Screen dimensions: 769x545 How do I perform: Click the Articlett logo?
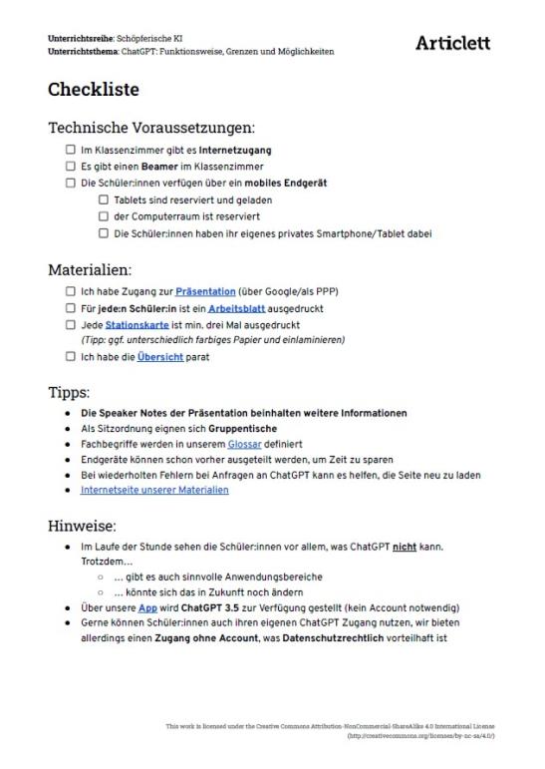(452, 43)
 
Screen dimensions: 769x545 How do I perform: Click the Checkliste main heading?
(94, 90)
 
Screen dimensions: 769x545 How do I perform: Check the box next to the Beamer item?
(71, 167)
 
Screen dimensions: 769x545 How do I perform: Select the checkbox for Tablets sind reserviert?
(103, 199)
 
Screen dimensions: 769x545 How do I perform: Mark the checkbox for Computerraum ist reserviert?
(103, 216)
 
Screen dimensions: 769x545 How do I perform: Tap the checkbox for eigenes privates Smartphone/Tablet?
(103, 233)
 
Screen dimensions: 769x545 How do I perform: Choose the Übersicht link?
(159, 358)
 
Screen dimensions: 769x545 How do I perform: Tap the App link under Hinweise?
(147, 606)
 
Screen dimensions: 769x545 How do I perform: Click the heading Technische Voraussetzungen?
(151, 128)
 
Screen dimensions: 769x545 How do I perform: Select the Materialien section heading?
(90, 269)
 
